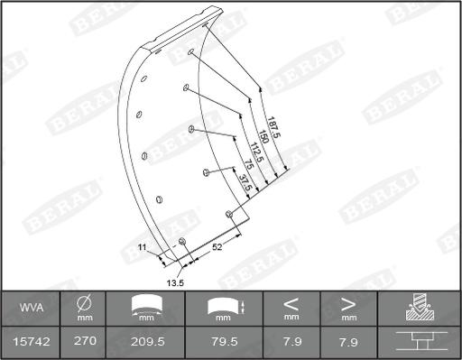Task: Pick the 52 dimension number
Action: [x=217, y=245]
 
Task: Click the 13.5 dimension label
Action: [x=176, y=282]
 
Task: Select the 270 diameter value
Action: [x=85, y=340]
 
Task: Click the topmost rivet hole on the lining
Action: [x=192, y=52]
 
